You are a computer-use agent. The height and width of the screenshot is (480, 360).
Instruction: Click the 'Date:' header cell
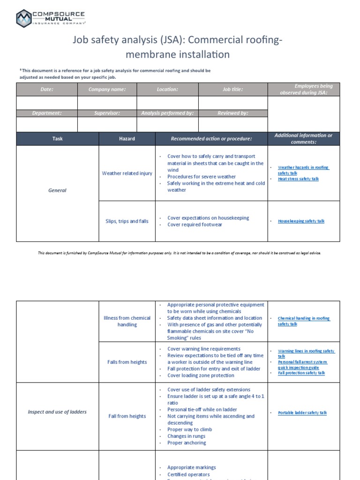click(x=47, y=89)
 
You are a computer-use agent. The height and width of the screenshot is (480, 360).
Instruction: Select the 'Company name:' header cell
click(x=107, y=89)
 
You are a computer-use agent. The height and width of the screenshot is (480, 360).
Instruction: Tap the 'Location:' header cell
click(x=167, y=89)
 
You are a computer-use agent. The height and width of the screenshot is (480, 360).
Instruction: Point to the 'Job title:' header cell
click(x=232, y=89)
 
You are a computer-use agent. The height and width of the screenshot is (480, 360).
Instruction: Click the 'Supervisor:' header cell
click(x=107, y=113)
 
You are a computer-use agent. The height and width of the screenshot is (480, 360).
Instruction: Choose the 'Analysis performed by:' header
click(x=167, y=113)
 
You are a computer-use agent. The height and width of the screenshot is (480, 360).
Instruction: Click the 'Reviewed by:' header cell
click(x=232, y=113)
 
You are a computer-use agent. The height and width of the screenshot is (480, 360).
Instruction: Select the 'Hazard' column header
click(x=127, y=139)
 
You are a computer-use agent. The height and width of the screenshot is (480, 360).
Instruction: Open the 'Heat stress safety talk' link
click(x=298, y=179)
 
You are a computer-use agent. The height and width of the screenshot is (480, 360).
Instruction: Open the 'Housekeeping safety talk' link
click(x=301, y=221)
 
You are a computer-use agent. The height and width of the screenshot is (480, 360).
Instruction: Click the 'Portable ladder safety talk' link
click(x=302, y=413)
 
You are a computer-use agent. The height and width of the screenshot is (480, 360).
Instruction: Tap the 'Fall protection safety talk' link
click(x=301, y=373)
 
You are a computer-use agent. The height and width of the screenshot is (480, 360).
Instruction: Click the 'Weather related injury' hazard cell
click(x=127, y=173)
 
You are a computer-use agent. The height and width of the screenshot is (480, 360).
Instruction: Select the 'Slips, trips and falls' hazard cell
click(x=127, y=221)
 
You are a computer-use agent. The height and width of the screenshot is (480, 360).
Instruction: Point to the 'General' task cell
click(x=57, y=190)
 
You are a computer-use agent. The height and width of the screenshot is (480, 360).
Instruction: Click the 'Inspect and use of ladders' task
click(x=57, y=412)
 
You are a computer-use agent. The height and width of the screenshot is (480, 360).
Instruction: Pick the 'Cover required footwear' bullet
click(x=195, y=225)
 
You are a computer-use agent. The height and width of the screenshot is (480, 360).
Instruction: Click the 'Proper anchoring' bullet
click(x=186, y=442)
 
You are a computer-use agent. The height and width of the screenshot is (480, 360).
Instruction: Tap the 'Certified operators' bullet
click(x=188, y=474)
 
